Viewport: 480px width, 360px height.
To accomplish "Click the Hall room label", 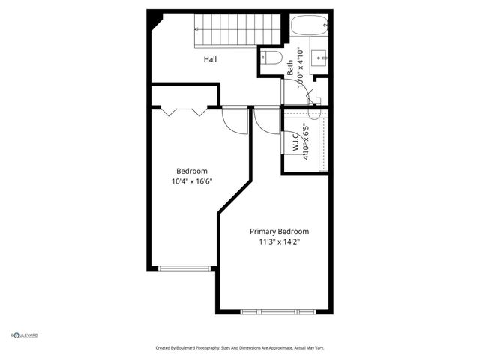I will click(x=211, y=58).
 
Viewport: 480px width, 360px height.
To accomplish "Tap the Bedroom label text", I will click(x=191, y=170).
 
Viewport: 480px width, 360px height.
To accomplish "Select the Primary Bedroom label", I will click(x=279, y=231).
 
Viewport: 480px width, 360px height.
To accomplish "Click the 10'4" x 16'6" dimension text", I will click(x=192, y=181).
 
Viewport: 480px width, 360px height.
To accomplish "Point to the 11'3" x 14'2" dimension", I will click(x=280, y=241).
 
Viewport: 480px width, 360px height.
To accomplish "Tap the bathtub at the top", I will click(x=309, y=26).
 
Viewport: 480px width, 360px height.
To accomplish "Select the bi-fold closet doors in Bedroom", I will click(x=184, y=111).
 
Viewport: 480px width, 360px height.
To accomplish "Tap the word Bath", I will click(x=290, y=67).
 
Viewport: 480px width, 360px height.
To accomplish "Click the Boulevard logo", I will click(x=25, y=335).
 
